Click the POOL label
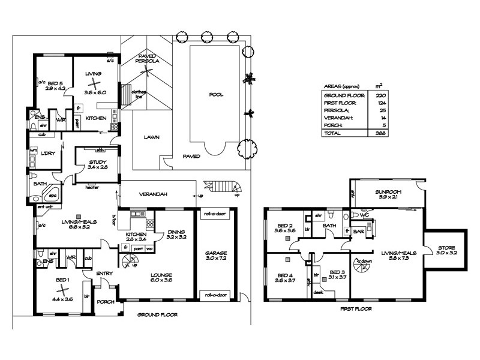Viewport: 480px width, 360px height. (x=216, y=95)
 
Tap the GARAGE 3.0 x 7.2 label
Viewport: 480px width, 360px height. (x=215, y=256)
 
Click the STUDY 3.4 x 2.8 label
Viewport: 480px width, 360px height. (x=96, y=163)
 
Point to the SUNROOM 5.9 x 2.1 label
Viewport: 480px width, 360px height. (x=387, y=194)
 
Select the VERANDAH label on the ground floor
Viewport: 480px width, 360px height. (x=152, y=194)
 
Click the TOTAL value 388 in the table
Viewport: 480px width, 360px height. (x=379, y=133)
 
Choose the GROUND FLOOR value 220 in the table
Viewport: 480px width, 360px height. (x=379, y=95)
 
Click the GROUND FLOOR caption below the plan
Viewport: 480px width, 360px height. (x=157, y=314)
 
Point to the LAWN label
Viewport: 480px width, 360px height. (x=151, y=137)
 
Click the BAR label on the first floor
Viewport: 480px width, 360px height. (x=359, y=230)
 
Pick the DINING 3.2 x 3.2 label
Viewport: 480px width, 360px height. (x=176, y=233)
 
